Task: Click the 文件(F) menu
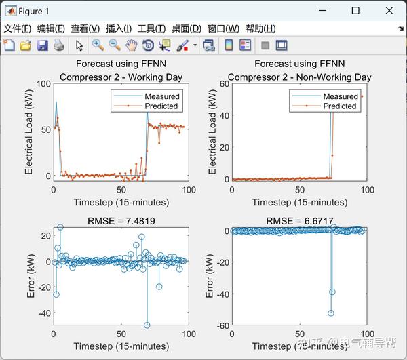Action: pos(18,28)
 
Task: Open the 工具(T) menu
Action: pos(151,28)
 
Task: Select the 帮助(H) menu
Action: pos(260,28)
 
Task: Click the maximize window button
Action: pos(355,11)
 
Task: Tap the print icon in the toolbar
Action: pos(59,45)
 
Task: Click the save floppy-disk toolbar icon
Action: pos(42,45)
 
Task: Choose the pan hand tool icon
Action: pos(131,45)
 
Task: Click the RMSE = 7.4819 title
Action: pos(121,221)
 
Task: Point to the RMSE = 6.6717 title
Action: pos(299,221)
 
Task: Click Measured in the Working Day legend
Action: pos(162,96)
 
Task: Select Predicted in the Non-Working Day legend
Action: pos(340,106)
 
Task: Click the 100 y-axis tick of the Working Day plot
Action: pos(43,84)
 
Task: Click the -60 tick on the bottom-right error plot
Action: pos(222,326)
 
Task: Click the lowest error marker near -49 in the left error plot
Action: pos(147,325)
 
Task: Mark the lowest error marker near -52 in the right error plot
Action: pos(331,313)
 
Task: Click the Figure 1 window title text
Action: pos(35,11)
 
